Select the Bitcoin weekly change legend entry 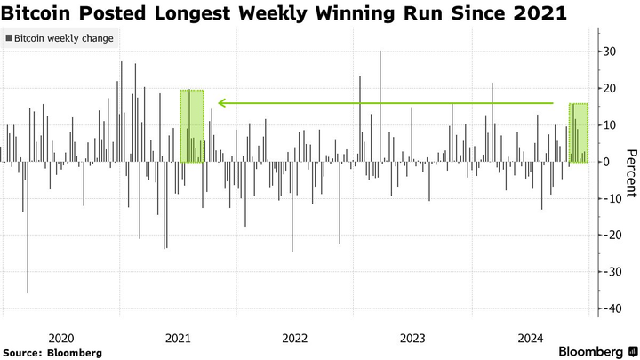[x=60, y=39]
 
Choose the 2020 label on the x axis [x=61, y=338]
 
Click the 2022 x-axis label [x=295, y=338]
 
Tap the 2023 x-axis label [x=412, y=338]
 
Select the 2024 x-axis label [x=530, y=338]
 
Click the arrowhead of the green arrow [x=221, y=104]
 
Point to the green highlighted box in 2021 [x=192, y=126]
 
